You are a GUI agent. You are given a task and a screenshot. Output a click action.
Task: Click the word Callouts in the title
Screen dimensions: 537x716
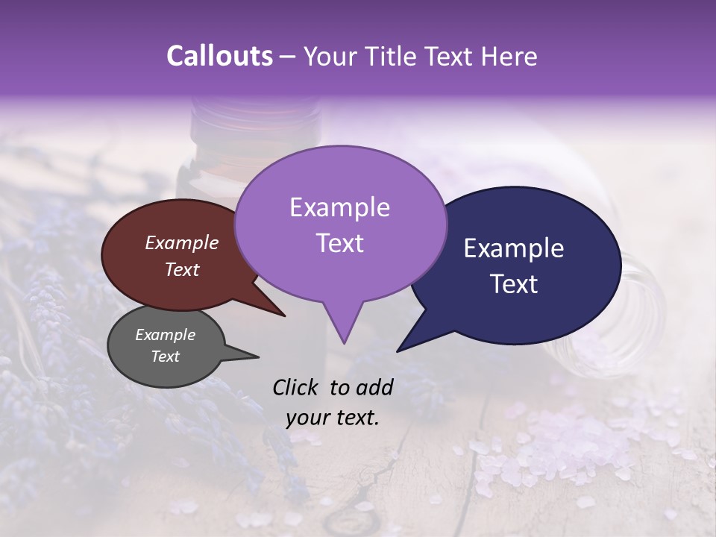pyautogui.click(x=219, y=56)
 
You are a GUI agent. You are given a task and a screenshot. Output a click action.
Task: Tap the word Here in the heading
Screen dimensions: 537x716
pyautogui.click(x=508, y=56)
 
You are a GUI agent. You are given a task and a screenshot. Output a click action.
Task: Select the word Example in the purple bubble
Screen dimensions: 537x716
pyautogui.click(x=339, y=207)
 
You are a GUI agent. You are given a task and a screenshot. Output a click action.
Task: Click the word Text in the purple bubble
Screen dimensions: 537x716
pyautogui.click(x=339, y=242)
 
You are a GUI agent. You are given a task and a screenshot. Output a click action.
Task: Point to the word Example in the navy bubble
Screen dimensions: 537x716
pyautogui.click(x=514, y=248)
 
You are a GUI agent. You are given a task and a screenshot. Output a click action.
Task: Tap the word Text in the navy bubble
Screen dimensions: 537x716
pyautogui.click(x=514, y=283)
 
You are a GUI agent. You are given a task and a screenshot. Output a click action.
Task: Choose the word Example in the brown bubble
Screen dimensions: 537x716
pyautogui.click(x=181, y=242)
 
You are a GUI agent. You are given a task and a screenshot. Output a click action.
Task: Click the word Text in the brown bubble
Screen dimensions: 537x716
pyautogui.click(x=181, y=269)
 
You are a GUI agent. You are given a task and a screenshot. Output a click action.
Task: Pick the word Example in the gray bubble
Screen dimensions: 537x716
pyautogui.click(x=165, y=335)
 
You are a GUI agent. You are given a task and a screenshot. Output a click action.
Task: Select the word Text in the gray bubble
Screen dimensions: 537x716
pyautogui.click(x=165, y=357)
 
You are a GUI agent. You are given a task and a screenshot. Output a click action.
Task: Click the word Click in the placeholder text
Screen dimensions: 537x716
pyautogui.click(x=295, y=387)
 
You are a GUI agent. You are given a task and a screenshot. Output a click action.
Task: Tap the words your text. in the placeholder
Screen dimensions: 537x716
pyautogui.click(x=332, y=418)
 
